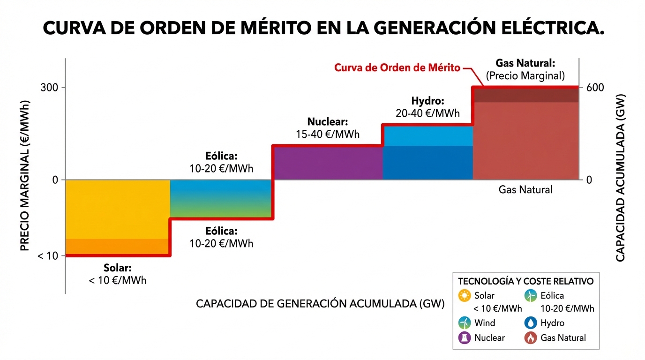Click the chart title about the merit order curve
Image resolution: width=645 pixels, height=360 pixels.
click(x=323, y=29)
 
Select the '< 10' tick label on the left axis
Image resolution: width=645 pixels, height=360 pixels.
click(x=47, y=256)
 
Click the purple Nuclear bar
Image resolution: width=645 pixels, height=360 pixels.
click(x=328, y=163)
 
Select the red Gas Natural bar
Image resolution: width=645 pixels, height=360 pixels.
click(x=525, y=136)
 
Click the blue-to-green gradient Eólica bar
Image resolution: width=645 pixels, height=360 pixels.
click(x=221, y=198)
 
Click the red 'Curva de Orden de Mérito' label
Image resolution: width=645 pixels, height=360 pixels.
click(x=397, y=67)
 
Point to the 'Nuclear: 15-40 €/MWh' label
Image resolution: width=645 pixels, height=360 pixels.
click(x=328, y=128)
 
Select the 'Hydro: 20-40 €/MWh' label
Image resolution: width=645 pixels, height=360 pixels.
click(x=427, y=107)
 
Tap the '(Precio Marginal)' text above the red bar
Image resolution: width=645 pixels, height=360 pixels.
click(x=525, y=75)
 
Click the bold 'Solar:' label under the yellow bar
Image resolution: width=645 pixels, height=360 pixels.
click(x=117, y=268)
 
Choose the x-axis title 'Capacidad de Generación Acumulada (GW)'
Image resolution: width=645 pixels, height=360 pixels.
click(x=320, y=303)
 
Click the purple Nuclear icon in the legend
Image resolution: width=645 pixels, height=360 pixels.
click(x=465, y=337)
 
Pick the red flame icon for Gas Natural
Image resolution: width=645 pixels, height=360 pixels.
click(x=531, y=337)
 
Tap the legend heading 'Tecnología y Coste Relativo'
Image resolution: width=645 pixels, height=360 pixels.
click(x=525, y=281)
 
